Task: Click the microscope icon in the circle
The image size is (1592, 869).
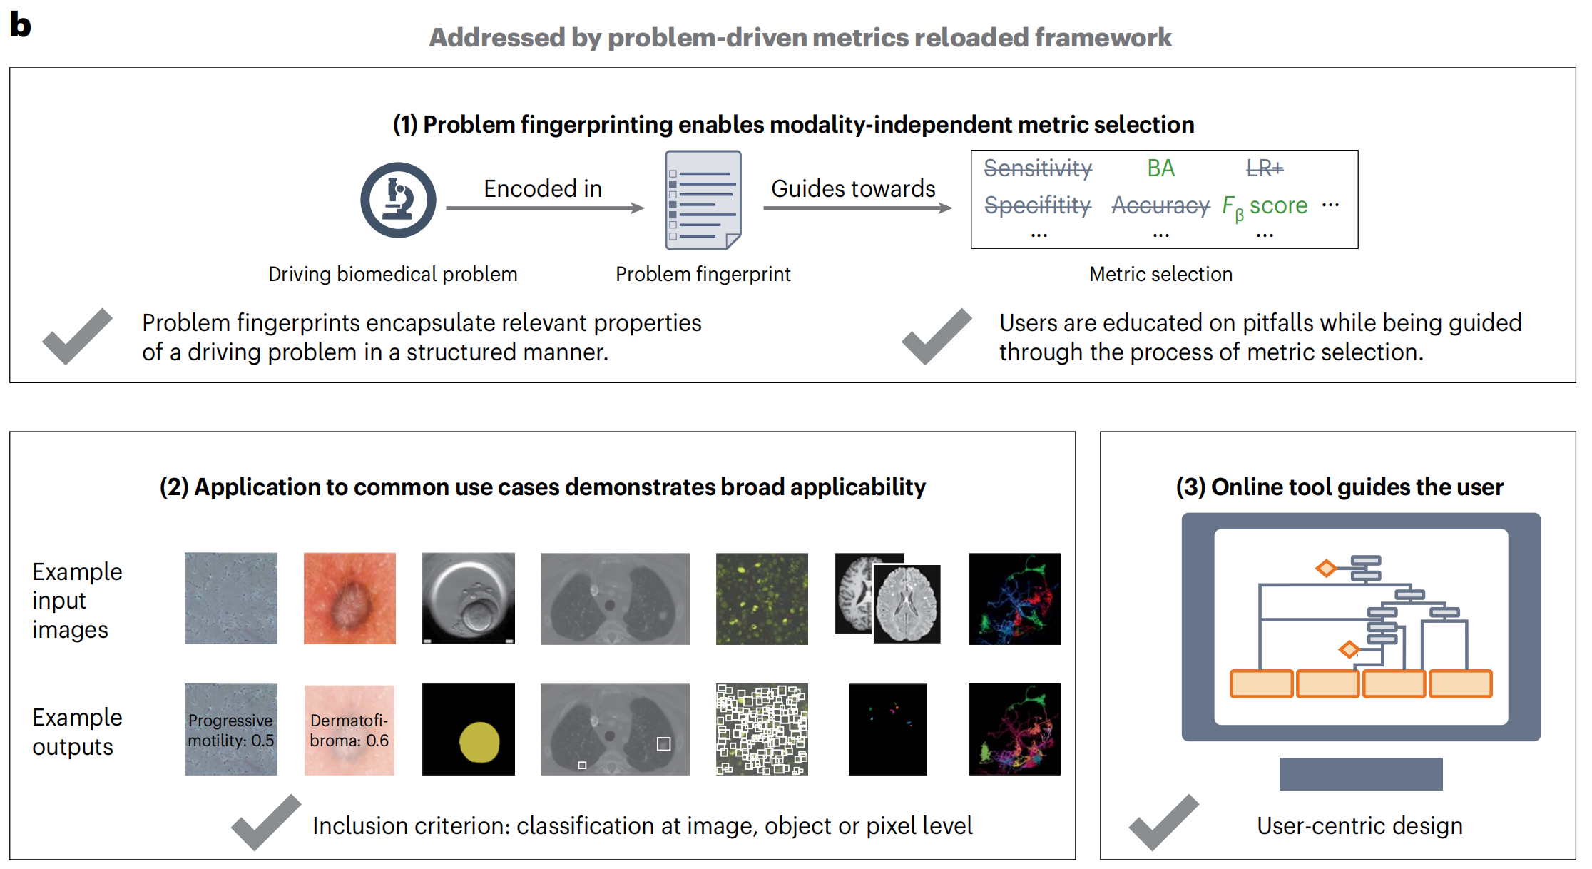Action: click(x=398, y=200)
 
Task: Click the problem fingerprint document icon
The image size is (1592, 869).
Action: click(x=703, y=200)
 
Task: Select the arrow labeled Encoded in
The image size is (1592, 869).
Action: click(x=545, y=208)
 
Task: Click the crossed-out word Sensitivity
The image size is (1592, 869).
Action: click(x=1038, y=168)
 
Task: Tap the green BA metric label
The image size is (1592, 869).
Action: click(x=1160, y=168)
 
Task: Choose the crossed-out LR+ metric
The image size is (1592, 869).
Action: click(x=1265, y=168)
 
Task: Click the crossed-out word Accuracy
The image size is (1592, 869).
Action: click(x=1160, y=205)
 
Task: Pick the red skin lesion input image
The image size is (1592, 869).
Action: click(x=349, y=599)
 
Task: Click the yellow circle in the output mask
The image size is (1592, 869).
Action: click(x=479, y=742)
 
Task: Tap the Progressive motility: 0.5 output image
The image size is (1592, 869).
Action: click(x=231, y=729)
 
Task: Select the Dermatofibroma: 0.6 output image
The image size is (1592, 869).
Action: click(x=349, y=729)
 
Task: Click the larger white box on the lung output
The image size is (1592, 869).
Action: click(x=663, y=744)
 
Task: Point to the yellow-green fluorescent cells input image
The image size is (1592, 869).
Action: click(x=762, y=599)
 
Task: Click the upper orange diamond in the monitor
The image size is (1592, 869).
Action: click(x=1326, y=569)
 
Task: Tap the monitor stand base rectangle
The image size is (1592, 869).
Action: click(x=1360, y=773)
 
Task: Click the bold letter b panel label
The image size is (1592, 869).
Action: click(x=20, y=25)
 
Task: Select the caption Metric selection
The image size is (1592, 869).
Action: click(x=1160, y=274)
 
